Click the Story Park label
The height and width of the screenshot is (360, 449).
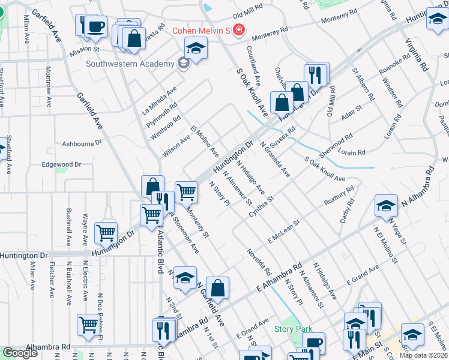[294, 329]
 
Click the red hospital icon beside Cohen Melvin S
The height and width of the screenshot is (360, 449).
[238, 29]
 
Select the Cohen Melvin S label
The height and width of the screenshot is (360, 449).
[201, 30]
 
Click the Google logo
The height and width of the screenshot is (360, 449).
[20, 353]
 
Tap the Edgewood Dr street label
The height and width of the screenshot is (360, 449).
[61, 164]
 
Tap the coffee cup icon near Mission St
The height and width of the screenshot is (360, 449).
[95, 26]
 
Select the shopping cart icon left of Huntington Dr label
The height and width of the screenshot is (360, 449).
[106, 232]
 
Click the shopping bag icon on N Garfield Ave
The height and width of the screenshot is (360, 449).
[217, 288]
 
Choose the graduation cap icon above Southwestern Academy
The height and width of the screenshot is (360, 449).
[196, 48]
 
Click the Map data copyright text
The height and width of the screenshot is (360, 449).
[424, 355]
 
